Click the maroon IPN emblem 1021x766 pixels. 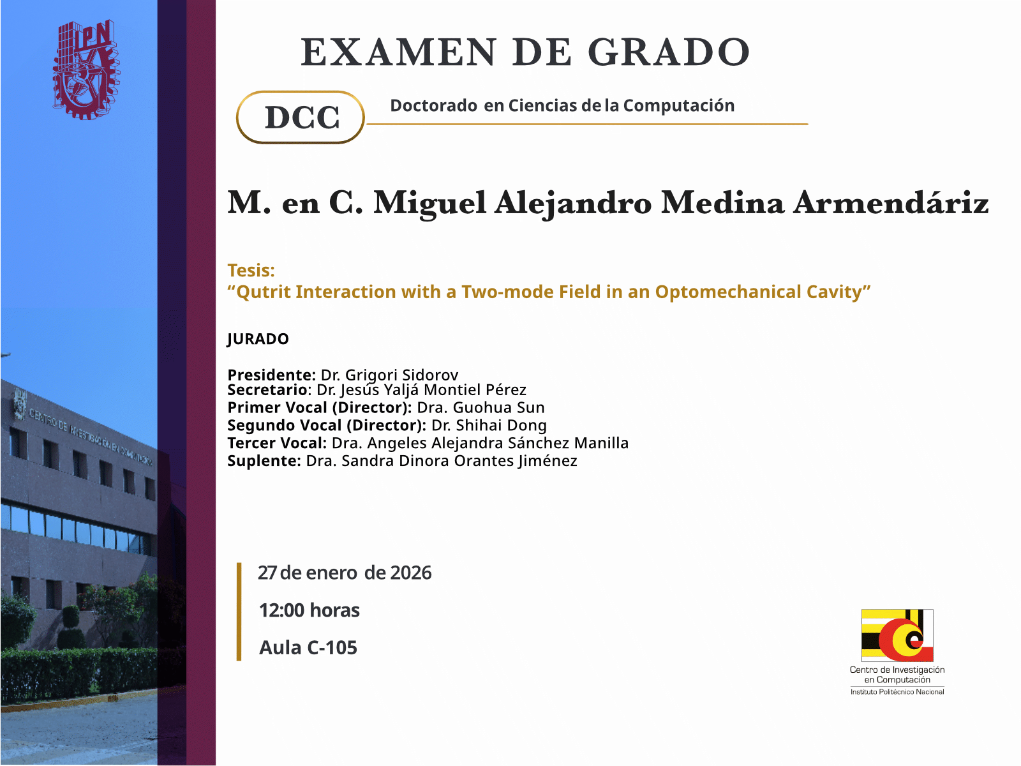[86, 70]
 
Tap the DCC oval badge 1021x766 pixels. [301, 117]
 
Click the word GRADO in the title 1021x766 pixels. [669, 52]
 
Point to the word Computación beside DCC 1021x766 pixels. [679, 106]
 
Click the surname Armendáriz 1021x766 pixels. [890, 203]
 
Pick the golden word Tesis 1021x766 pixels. [251, 270]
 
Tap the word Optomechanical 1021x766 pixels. [728, 292]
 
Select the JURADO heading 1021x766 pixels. [258, 339]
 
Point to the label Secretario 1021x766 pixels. [267, 390]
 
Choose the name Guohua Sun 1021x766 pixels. [498, 407]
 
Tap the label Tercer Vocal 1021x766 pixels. [277, 443]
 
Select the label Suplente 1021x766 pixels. [264, 461]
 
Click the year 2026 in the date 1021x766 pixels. [411, 573]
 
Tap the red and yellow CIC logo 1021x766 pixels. [897, 635]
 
